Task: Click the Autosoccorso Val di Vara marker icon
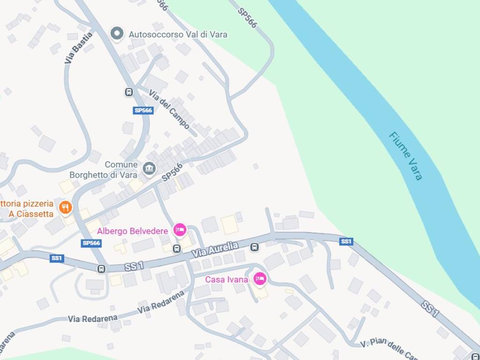point(117,34)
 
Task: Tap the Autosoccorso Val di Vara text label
point(178,34)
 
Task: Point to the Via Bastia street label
point(78,47)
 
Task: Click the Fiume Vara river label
point(405,156)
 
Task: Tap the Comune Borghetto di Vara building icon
point(149,168)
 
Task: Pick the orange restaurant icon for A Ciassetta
point(65,207)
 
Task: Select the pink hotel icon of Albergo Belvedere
point(180,230)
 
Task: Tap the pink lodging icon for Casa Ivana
point(260,279)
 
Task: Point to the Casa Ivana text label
point(226,280)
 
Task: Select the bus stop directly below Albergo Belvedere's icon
point(177,248)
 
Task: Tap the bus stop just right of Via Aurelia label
point(254,247)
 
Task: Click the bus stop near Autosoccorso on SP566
point(129,92)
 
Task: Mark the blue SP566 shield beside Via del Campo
point(143,111)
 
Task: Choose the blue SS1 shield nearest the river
point(346,241)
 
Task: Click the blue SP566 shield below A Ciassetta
point(91,243)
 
